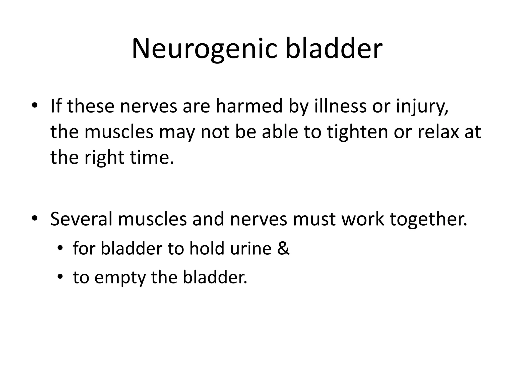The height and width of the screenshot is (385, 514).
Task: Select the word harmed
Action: tap(249, 106)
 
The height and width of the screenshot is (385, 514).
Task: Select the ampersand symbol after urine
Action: tap(283, 249)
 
